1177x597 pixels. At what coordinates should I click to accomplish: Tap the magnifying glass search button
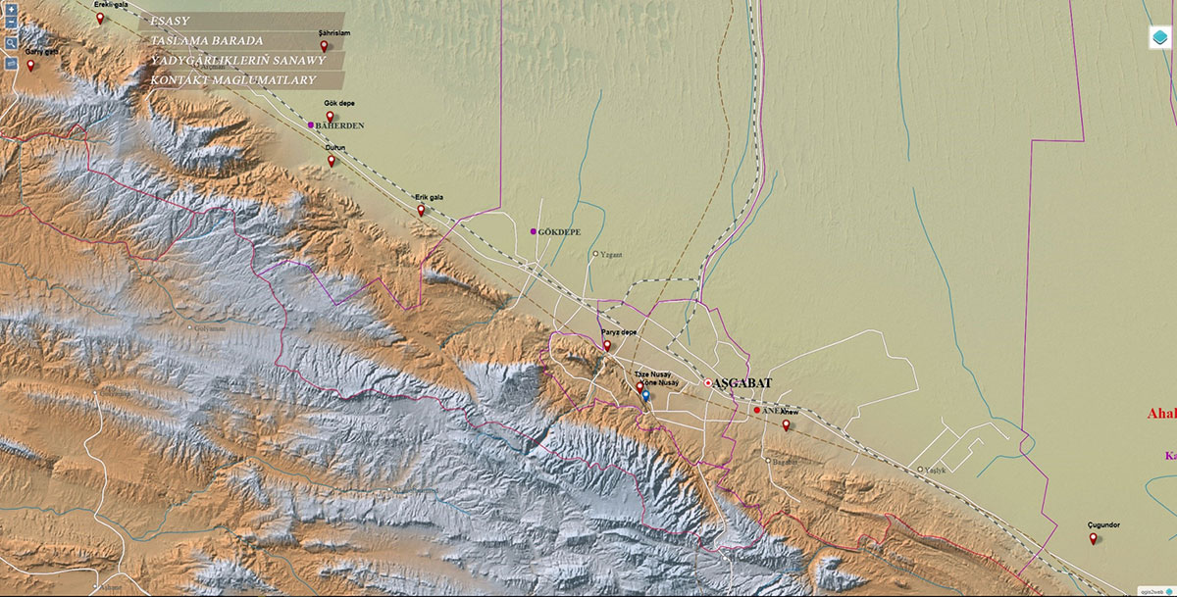tap(10, 43)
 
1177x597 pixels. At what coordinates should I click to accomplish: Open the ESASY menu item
tap(171, 21)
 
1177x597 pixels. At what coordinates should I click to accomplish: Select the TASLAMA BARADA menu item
tap(207, 41)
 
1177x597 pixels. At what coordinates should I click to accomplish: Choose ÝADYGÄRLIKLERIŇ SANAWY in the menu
tap(237, 61)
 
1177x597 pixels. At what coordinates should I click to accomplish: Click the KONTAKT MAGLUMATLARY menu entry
tap(232, 79)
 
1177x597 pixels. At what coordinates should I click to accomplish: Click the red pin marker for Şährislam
tap(324, 45)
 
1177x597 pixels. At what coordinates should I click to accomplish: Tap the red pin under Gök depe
tap(331, 116)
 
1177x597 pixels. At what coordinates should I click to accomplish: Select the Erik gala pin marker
tap(421, 210)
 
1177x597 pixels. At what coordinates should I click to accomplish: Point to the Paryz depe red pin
tap(607, 345)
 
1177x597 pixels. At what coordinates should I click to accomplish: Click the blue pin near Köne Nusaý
tap(645, 395)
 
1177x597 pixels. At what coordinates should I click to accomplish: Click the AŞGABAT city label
tap(742, 383)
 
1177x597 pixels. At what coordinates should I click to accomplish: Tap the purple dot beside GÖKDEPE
tap(533, 231)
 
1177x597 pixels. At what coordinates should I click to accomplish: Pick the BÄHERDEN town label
tap(340, 126)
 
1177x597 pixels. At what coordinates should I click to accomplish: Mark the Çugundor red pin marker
tap(1093, 537)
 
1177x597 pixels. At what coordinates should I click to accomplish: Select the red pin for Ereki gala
tap(100, 17)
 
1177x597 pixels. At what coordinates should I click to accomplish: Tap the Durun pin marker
tap(332, 161)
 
